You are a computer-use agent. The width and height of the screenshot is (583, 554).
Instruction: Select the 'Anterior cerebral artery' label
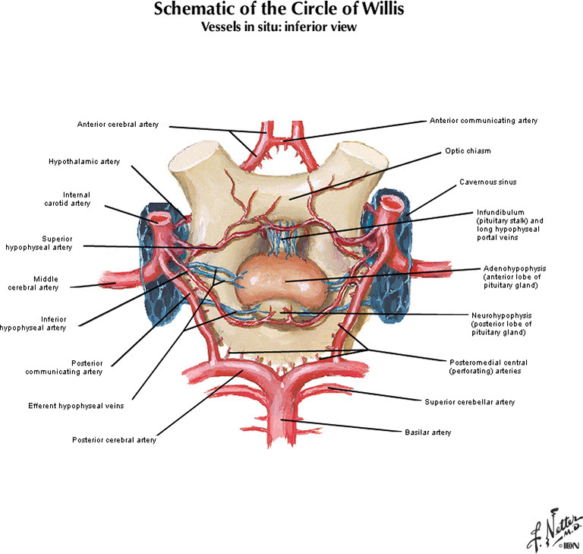click(x=118, y=125)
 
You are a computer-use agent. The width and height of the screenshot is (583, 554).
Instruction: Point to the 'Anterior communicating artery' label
click(x=484, y=120)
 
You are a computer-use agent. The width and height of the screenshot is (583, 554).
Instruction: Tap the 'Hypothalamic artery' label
click(x=84, y=161)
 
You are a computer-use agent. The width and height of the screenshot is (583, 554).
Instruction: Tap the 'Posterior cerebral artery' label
click(x=114, y=439)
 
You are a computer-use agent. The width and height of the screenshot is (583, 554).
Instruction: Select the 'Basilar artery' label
click(x=427, y=432)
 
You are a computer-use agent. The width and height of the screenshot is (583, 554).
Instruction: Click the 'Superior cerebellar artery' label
click(x=464, y=400)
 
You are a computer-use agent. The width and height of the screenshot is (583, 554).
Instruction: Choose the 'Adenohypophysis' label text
click(x=514, y=268)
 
